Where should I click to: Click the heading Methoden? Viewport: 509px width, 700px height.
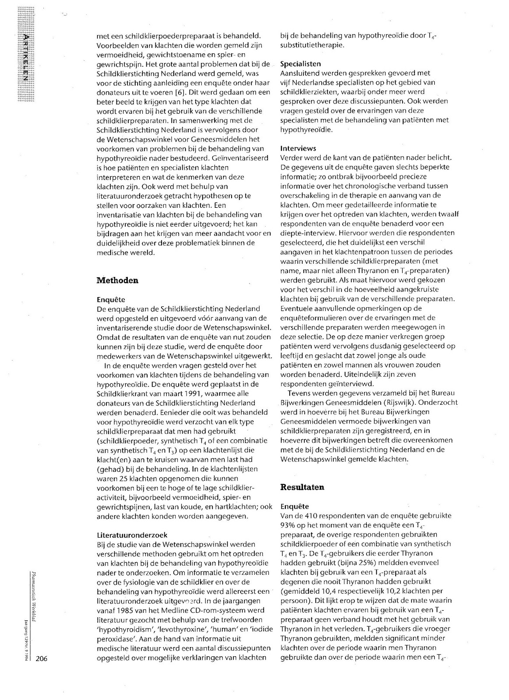pos(117,280)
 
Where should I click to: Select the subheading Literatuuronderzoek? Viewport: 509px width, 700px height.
pos(132,535)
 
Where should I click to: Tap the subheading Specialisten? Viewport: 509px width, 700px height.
pos(300,64)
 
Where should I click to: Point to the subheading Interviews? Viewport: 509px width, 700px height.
pos(298,148)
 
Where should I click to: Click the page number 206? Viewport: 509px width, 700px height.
pos(43,659)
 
